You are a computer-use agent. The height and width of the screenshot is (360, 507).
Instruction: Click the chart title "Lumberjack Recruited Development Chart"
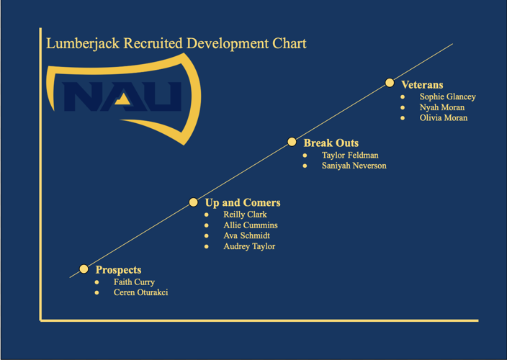pos(176,44)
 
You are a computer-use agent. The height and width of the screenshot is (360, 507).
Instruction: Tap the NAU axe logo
pos(122,97)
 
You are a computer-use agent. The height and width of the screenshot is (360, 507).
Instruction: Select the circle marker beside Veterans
pos(390,83)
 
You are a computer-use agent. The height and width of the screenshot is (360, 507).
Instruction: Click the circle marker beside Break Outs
pos(292,142)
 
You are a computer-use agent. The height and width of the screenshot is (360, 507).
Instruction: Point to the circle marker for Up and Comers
pos(193,202)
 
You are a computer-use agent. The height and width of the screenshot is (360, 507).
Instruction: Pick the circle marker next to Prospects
pos(84,269)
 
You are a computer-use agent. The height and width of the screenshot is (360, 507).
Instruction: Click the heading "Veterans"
pos(422,85)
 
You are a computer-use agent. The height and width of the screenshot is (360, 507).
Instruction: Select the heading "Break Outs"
pos(331,143)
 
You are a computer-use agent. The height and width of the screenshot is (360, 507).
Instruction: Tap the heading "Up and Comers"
pos(243,203)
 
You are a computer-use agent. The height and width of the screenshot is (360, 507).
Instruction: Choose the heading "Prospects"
pos(118,270)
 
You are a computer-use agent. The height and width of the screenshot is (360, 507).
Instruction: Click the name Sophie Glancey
pos(447,96)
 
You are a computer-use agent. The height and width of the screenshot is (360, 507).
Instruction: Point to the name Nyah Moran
pos(441,107)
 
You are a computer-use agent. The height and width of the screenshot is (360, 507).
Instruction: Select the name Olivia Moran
pos(443,118)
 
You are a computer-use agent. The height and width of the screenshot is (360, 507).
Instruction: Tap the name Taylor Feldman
pos(350,155)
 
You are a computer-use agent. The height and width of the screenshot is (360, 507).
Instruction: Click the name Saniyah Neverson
pos(354,166)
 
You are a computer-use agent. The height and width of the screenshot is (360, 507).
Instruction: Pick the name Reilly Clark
pos(245,215)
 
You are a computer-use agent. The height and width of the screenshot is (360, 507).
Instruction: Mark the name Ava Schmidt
pos(246,236)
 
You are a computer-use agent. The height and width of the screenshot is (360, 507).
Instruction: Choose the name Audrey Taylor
pos(249,247)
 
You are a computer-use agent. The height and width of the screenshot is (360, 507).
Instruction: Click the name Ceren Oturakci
pos(140,293)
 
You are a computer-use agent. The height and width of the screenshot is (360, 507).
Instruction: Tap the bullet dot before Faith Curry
pos(97,282)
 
